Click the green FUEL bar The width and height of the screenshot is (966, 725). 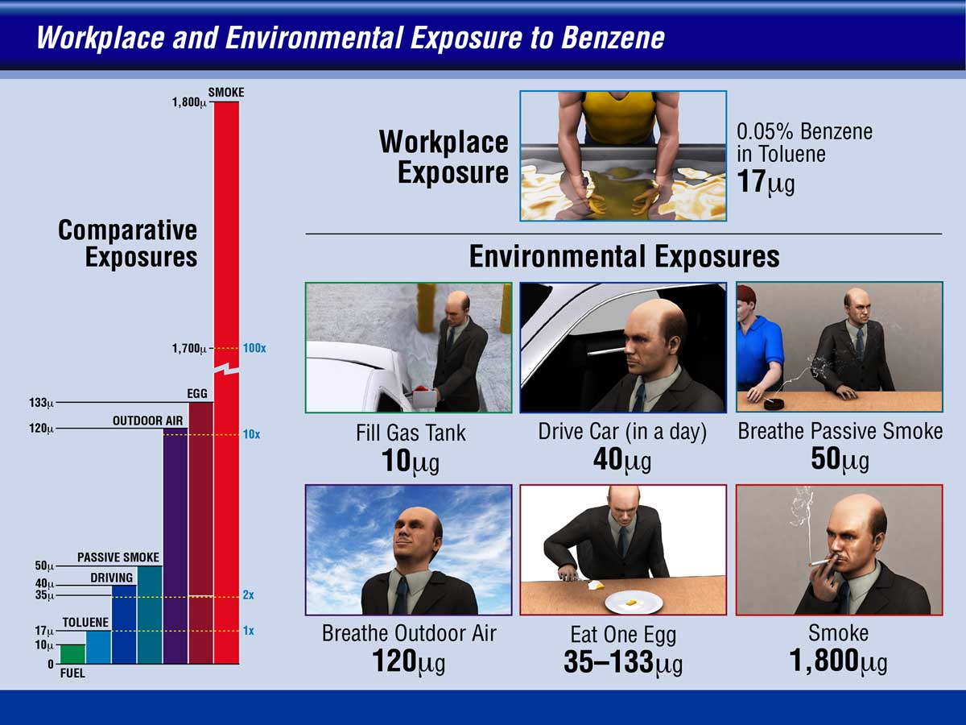pyautogui.click(x=72, y=653)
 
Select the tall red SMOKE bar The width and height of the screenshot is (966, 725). pyautogui.click(x=227, y=383)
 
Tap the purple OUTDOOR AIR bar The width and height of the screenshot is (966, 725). pyautogui.click(x=175, y=546)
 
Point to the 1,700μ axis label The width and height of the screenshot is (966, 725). pyautogui.click(x=189, y=349)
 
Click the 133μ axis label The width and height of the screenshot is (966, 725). pyautogui.click(x=41, y=402)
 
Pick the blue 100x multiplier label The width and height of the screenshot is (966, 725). pyautogui.click(x=254, y=348)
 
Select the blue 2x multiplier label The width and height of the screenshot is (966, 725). pyautogui.click(x=248, y=595)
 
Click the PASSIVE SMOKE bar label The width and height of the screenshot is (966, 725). pyautogui.click(x=118, y=557)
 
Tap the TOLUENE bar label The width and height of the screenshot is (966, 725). pyautogui.click(x=85, y=623)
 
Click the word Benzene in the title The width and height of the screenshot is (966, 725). pyautogui.click(x=613, y=38)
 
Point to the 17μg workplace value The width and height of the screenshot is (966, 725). pyautogui.click(x=766, y=182)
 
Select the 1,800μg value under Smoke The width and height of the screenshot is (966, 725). pyautogui.click(x=838, y=661)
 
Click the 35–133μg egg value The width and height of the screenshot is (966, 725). pyautogui.click(x=623, y=662)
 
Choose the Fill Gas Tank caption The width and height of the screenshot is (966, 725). pyautogui.click(x=411, y=433)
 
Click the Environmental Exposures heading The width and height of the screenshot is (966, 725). pyautogui.click(x=624, y=257)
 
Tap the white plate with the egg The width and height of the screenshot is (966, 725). pyautogui.click(x=634, y=603)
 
